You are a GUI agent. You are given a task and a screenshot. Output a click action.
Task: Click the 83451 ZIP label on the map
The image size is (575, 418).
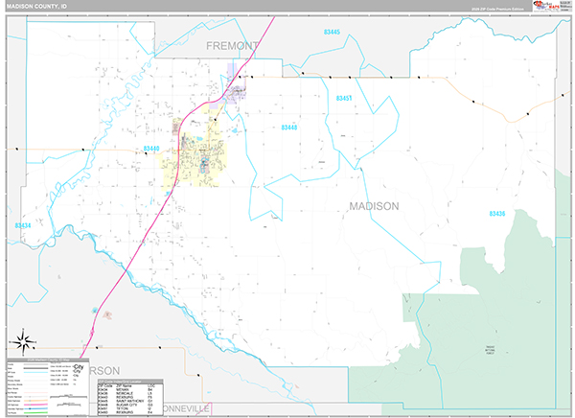[x=346, y=99]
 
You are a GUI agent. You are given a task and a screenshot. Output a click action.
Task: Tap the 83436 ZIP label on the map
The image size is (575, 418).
[x=496, y=213]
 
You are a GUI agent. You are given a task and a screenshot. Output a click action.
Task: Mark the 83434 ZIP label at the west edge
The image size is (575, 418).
[x=23, y=226]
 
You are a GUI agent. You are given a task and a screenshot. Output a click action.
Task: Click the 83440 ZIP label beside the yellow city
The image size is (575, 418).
[x=151, y=148]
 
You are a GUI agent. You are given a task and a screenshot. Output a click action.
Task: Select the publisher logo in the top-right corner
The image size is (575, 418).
[x=550, y=7]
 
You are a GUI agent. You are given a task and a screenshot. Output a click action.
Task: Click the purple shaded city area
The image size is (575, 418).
[x=235, y=93]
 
